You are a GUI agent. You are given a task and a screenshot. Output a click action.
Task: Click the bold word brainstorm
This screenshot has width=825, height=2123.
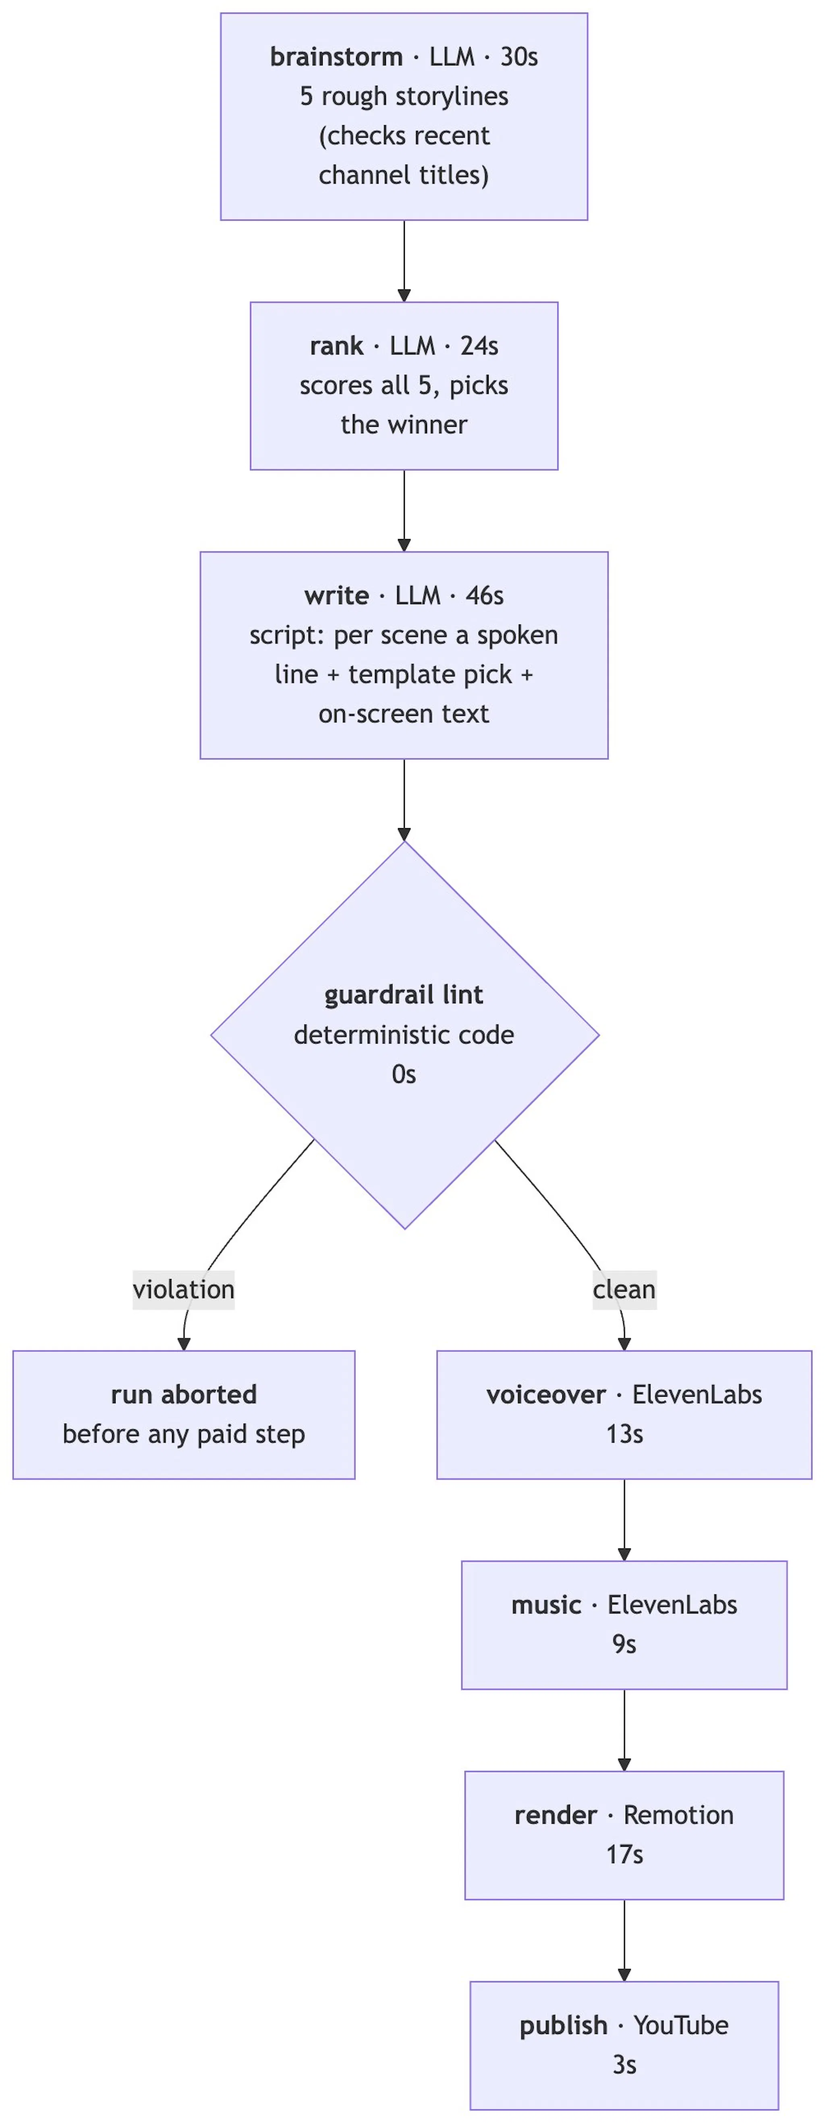pos(336,57)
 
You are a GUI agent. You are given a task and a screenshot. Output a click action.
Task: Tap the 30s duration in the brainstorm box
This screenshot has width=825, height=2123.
pos(519,57)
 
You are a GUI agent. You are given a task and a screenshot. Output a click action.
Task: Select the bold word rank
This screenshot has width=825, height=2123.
pos(336,346)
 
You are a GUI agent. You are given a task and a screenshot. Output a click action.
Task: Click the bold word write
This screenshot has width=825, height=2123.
pos(336,596)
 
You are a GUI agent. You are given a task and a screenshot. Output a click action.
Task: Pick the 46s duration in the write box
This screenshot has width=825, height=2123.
pos(485,596)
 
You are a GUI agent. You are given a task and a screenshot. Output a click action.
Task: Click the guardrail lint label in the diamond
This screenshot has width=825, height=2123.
pos(404,996)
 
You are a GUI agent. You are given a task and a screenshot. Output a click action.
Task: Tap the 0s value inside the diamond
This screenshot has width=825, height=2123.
pos(404,1075)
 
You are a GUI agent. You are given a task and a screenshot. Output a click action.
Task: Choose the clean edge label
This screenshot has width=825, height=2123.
pos(624,1290)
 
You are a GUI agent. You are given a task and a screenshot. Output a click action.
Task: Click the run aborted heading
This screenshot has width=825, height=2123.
pos(184,1395)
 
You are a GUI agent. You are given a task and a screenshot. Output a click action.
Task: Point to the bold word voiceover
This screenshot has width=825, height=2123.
pos(545,1395)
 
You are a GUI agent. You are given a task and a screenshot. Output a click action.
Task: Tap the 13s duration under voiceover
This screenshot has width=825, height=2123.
pos(624,1435)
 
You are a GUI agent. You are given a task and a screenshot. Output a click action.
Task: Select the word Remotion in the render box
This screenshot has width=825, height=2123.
pos(678,1815)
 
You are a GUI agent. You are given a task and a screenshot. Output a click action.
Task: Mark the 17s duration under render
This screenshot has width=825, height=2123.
pos(624,1855)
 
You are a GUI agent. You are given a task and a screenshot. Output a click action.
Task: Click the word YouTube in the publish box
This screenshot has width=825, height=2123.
pos(681,2026)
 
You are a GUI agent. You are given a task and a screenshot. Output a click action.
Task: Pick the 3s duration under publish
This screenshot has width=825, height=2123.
pos(624,2065)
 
